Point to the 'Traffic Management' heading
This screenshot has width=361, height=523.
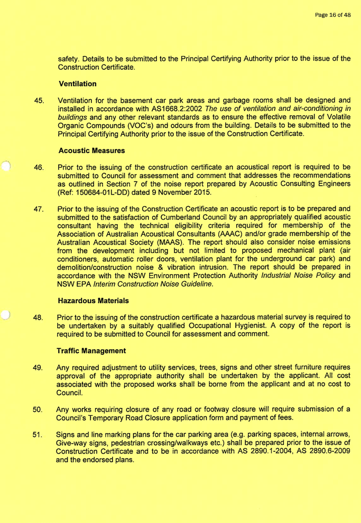tap(92, 350)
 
